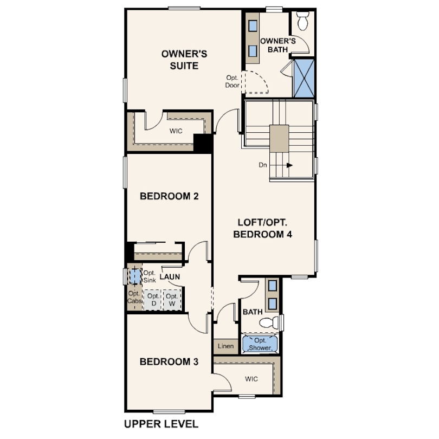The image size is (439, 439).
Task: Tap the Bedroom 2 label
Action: (169, 196)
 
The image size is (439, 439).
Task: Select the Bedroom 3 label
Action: (169, 361)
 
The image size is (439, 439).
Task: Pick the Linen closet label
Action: (225, 346)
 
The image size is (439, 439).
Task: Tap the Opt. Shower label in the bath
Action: (260, 344)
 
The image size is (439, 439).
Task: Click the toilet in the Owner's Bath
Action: (302, 22)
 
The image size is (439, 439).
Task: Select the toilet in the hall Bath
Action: (269, 322)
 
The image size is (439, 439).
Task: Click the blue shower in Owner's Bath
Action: (304, 78)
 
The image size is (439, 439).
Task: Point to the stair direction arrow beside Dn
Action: (289, 165)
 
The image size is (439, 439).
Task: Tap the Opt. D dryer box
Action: (153, 300)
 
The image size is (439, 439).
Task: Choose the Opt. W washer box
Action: (172, 300)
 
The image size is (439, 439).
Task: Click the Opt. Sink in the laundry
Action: (134, 276)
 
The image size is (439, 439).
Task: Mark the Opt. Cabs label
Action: (134, 297)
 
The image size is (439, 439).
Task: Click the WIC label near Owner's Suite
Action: (176, 131)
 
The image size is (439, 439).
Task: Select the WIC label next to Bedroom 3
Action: (251, 377)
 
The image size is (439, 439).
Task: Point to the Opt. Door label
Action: (233, 81)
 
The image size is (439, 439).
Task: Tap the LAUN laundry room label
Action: (170, 276)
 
